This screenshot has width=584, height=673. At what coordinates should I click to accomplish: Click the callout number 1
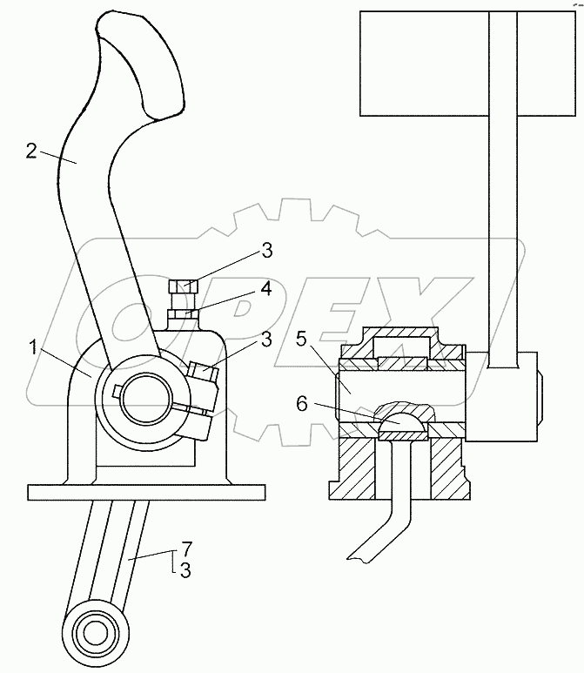(33, 347)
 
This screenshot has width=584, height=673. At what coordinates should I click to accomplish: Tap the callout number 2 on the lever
(31, 151)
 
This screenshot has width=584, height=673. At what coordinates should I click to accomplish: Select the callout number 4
(266, 289)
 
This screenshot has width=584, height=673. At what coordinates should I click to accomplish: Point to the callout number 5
(302, 339)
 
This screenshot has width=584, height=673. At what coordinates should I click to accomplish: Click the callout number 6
(302, 404)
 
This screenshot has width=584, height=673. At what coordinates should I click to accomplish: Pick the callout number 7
(186, 548)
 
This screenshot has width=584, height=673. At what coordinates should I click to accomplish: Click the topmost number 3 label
(267, 250)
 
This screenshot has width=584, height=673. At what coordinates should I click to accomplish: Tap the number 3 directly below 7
(185, 570)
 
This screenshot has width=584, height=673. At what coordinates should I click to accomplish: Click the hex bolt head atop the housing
(184, 286)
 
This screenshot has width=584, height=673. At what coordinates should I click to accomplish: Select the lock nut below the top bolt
(184, 314)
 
